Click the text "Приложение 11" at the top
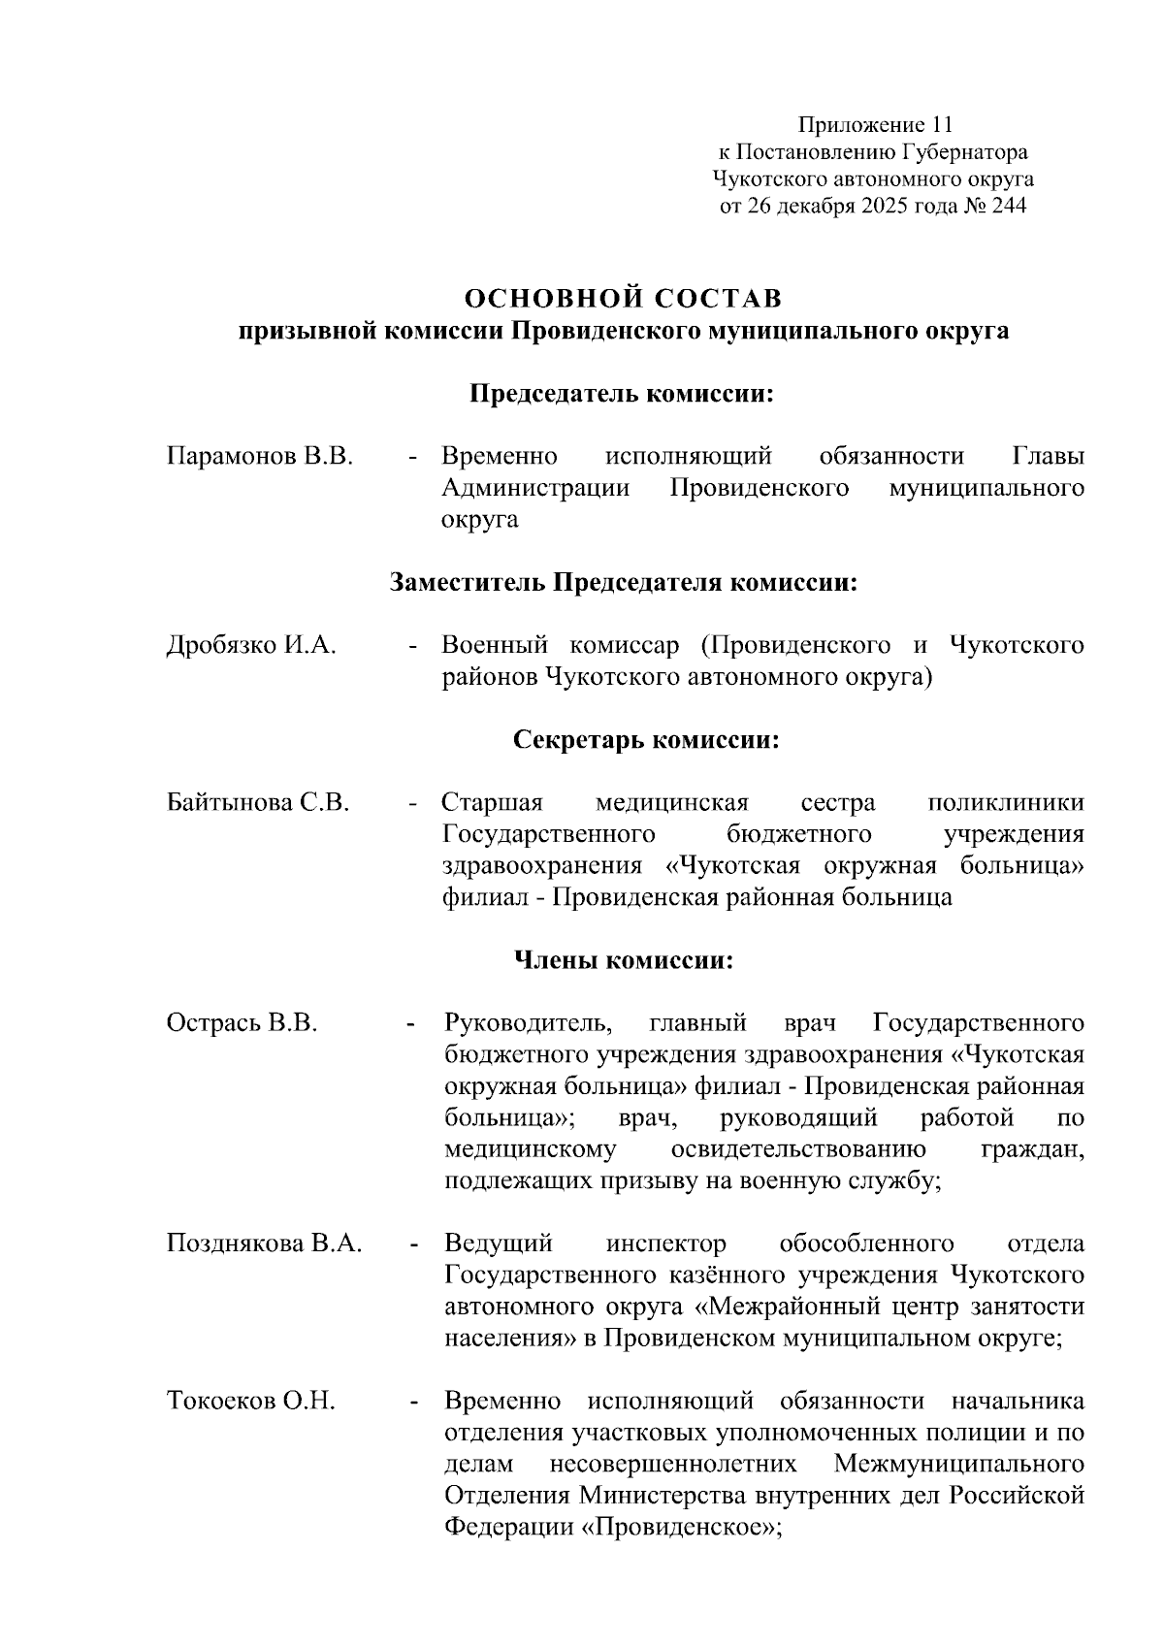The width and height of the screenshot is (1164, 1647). point(875,125)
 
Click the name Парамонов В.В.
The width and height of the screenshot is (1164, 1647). point(260,457)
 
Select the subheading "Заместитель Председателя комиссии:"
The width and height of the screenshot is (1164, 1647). point(624,583)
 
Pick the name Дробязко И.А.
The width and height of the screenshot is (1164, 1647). point(252,646)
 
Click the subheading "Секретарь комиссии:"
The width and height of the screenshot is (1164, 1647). point(646,741)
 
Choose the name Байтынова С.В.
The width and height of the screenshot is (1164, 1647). point(258,804)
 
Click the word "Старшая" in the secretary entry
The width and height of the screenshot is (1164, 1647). point(492,804)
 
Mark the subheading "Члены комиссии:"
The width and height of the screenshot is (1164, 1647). point(623,961)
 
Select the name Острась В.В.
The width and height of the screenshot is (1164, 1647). point(242,1024)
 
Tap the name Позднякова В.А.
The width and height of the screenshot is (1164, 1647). point(265,1244)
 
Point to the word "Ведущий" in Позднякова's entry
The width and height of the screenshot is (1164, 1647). point(499,1244)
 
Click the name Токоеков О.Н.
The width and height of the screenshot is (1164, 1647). point(251,1403)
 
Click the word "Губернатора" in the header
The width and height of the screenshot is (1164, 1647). point(965,152)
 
